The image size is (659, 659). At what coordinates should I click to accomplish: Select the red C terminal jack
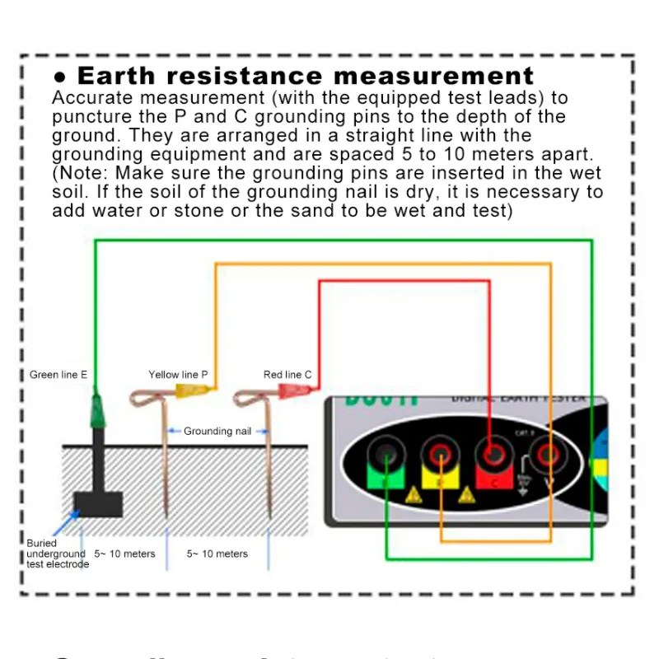coord(493,452)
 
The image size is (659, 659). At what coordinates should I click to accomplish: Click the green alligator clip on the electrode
coord(97,409)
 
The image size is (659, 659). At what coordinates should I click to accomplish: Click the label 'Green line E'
coord(58,375)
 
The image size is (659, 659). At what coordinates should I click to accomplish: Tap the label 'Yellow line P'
coord(178,375)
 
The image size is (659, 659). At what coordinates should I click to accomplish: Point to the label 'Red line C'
coord(287,375)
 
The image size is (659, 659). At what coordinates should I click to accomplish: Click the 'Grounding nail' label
coord(217,431)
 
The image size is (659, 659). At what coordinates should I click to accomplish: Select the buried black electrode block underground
coord(97,502)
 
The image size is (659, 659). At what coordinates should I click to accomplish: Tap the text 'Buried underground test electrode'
coord(56,554)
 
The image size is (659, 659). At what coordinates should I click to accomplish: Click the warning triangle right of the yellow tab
coord(466,495)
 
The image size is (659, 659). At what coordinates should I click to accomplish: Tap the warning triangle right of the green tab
coord(412,495)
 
